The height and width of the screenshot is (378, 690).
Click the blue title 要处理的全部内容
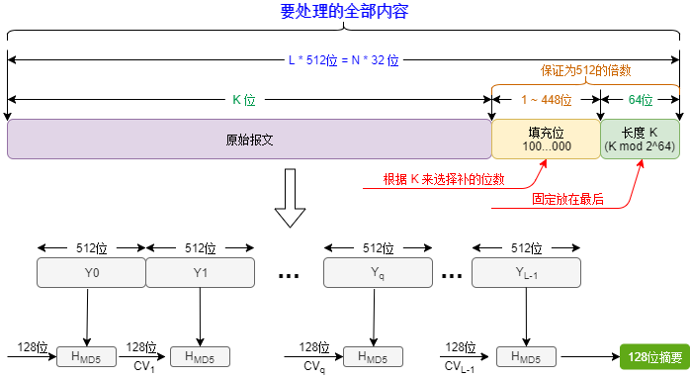coord(344,12)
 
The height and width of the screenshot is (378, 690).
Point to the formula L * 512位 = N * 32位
coord(344,60)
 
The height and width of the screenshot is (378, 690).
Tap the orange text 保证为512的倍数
coord(585,71)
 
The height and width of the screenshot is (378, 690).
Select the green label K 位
coord(244,100)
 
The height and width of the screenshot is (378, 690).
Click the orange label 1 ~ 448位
coord(546,100)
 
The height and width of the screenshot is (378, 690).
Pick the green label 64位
coord(641,100)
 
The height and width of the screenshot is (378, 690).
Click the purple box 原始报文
coord(249,140)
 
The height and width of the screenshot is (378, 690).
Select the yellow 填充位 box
coord(546,140)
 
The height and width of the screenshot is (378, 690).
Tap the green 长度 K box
coord(640,140)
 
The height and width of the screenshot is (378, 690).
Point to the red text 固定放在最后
coord(567,198)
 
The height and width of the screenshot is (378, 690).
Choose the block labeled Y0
coord(91,272)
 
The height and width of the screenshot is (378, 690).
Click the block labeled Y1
coord(200,272)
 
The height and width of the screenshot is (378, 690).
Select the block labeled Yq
coord(378,272)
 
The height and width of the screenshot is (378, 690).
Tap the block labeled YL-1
coord(526,272)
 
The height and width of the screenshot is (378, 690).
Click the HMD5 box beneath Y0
coord(86,357)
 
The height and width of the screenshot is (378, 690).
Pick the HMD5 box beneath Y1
coord(200,357)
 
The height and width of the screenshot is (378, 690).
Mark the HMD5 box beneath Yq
coord(373,357)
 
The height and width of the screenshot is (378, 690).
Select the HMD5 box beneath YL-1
coord(526,357)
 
